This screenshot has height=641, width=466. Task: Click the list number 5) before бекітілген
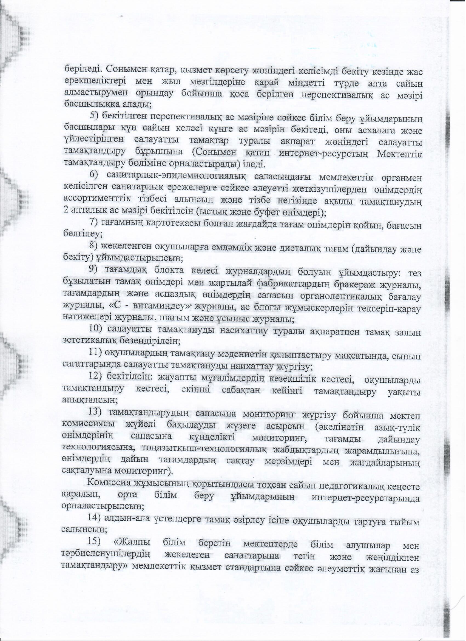94,116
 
